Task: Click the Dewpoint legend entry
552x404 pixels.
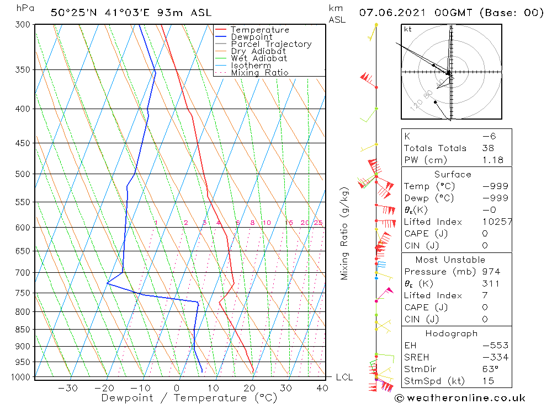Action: tap(252, 37)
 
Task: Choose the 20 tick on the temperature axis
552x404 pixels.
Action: tap(249, 388)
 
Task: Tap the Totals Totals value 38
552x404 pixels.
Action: tap(488, 148)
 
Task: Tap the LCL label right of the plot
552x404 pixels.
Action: tap(344, 377)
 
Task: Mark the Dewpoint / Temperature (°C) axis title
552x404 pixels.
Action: tap(189, 397)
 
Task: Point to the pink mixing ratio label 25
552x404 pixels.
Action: tap(318, 223)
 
